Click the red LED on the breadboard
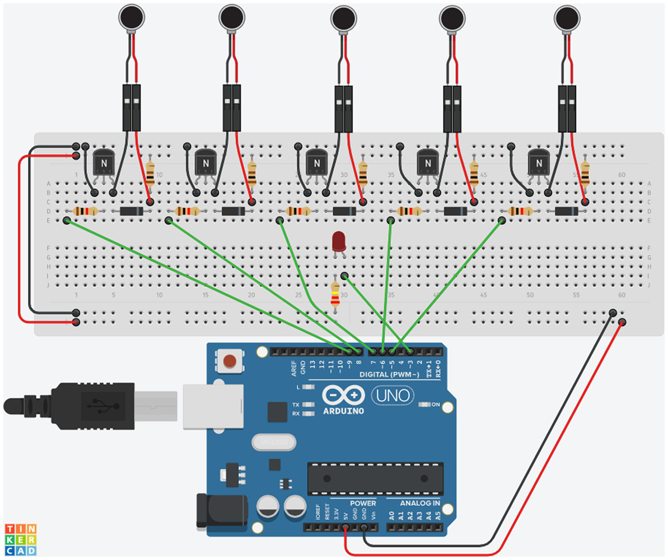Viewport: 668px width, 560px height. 339,242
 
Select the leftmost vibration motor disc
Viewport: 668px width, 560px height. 130,17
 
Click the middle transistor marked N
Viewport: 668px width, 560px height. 316,163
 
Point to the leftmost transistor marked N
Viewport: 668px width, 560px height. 104,163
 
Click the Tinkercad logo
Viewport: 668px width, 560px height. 21,539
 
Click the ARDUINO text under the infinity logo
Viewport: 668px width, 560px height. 344,411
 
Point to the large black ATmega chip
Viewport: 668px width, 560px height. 375,479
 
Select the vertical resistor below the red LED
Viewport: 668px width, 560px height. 335,294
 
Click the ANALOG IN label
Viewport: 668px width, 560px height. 419,503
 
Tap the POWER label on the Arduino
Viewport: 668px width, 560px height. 363,503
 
